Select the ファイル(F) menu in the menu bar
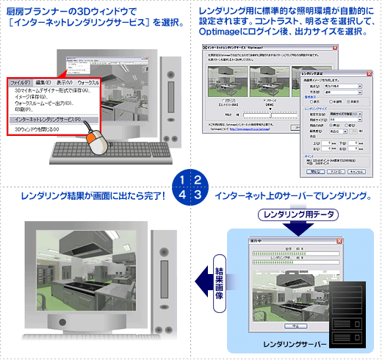23,82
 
